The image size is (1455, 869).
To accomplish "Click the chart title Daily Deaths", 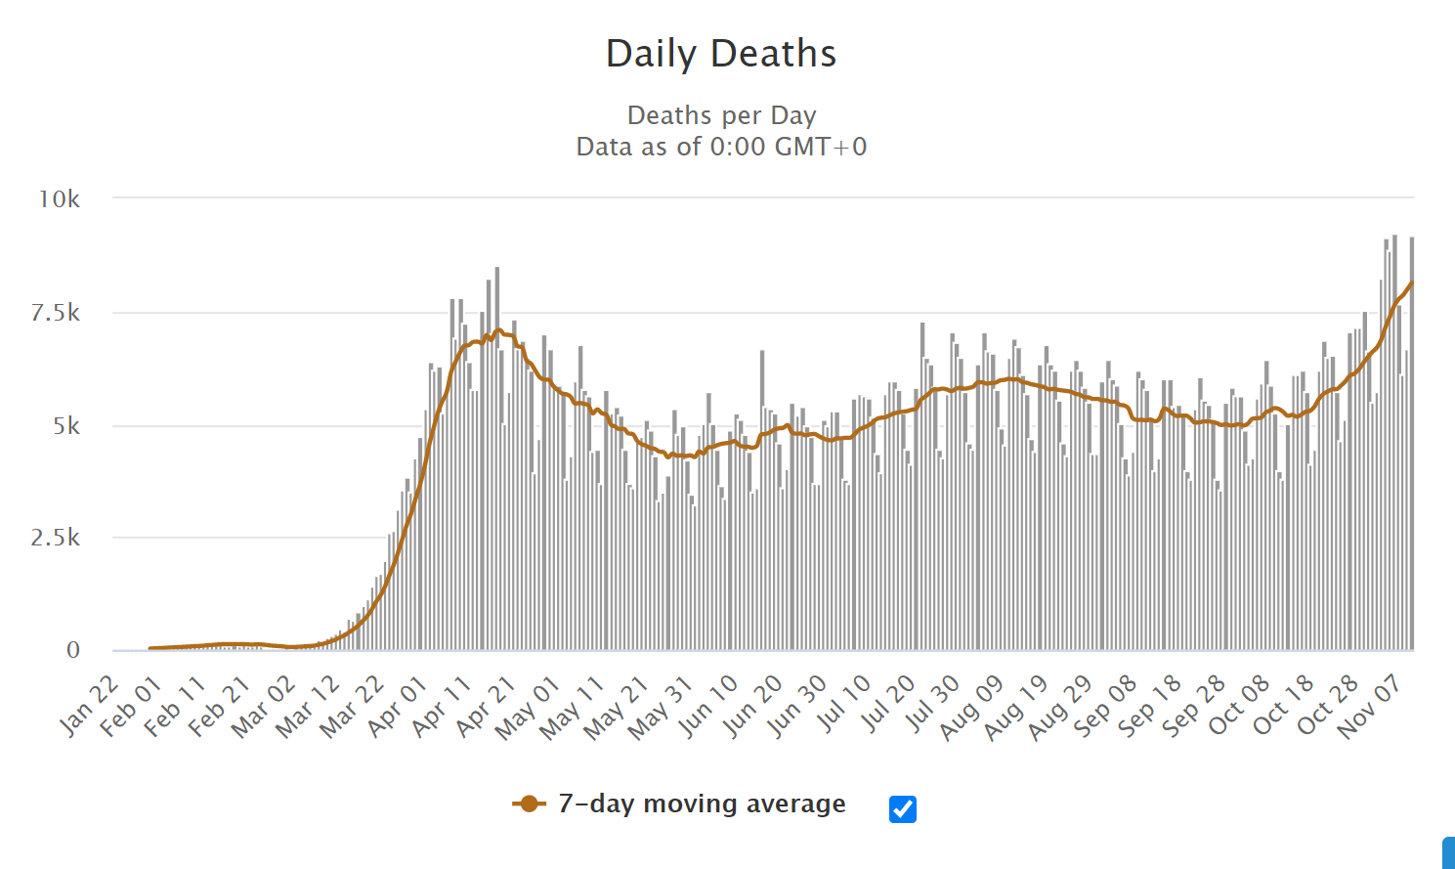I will (x=721, y=54).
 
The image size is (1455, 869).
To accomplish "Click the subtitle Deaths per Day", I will (x=721, y=115).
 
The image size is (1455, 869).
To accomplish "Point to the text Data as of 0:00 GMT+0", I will (x=721, y=147).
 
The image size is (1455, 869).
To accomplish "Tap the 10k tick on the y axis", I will (x=60, y=199).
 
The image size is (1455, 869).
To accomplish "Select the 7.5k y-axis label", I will (x=56, y=313).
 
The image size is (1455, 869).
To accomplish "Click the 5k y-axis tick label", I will (x=66, y=426).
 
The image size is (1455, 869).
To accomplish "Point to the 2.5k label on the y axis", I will (x=56, y=538).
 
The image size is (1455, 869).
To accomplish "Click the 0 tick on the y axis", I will (x=73, y=650).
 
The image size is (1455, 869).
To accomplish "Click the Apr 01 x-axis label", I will (x=399, y=705).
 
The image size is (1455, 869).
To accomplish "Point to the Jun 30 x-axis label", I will (x=797, y=705).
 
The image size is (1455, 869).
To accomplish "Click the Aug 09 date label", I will (x=972, y=707).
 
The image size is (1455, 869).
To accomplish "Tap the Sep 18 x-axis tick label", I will (x=1150, y=705).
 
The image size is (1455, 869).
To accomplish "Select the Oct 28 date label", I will (x=1329, y=705).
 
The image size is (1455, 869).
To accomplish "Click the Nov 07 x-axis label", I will (x=1371, y=707).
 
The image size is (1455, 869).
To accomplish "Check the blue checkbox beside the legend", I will (x=903, y=809).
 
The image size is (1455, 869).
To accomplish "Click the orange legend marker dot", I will (x=529, y=804).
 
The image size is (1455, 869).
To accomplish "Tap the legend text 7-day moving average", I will (x=702, y=804).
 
